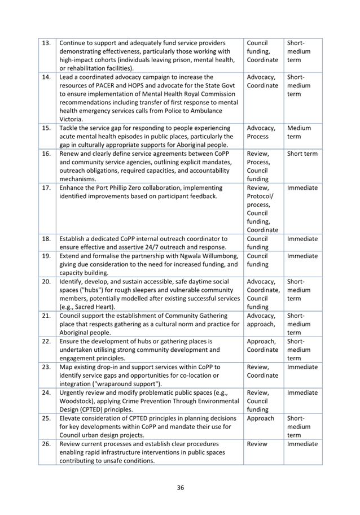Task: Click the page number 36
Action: click(x=180, y=487)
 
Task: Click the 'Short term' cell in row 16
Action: click(x=302, y=154)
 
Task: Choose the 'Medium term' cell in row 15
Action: click(x=298, y=132)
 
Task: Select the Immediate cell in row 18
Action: click(x=302, y=239)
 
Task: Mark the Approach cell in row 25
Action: click(x=260, y=418)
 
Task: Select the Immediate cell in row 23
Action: click(x=302, y=367)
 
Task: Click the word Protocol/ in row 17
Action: click(x=260, y=197)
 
